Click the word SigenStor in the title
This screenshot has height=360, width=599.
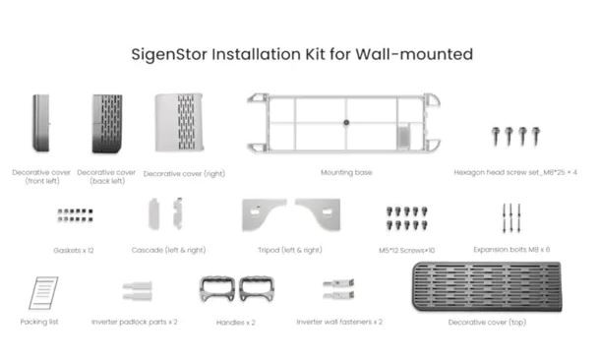click(x=169, y=55)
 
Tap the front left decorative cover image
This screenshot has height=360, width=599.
click(x=41, y=123)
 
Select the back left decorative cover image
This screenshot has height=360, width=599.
click(x=107, y=123)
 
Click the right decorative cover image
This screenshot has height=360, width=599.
click(x=179, y=123)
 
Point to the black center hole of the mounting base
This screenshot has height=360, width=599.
click(x=346, y=123)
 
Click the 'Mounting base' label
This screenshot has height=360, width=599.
click(x=346, y=173)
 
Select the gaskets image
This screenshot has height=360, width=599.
click(x=76, y=214)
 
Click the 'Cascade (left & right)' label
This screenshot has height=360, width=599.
click(x=168, y=250)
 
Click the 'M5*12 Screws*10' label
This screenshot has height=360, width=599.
click(x=407, y=250)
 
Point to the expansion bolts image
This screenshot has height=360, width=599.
click(x=511, y=218)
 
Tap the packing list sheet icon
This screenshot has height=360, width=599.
click(x=43, y=293)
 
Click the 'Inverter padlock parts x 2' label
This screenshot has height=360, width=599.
click(x=135, y=323)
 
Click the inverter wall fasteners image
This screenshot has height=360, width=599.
click(x=338, y=289)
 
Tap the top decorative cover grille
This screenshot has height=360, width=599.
click(x=487, y=286)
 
